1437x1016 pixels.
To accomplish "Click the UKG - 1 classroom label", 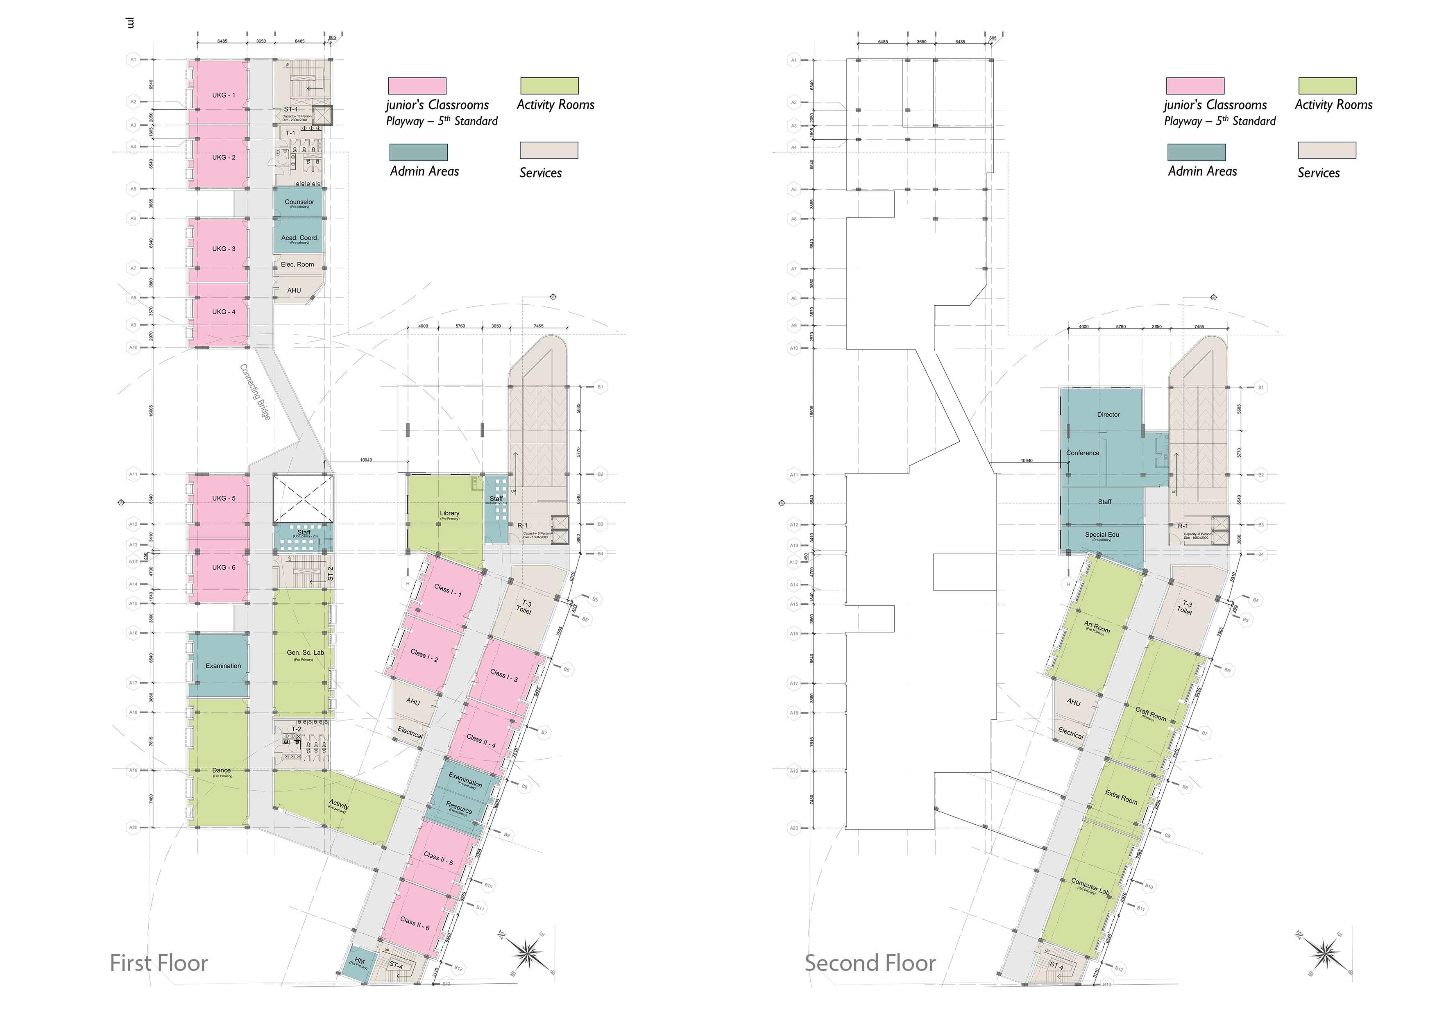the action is [x=223, y=95].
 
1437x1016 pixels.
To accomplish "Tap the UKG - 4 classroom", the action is [x=223, y=312].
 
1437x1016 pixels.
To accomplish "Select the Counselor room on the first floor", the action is [x=299, y=202].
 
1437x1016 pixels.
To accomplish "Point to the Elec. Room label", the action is [x=297, y=264].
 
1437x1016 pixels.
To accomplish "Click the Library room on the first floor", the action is [x=449, y=513].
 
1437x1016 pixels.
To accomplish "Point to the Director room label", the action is [x=1108, y=415].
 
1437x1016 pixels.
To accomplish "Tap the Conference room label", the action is [x=1082, y=453].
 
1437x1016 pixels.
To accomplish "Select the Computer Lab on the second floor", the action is [x=1090, y=885].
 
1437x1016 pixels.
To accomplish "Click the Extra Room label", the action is [x=1121, y=797].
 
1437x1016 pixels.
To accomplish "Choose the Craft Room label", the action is [x=1150, y=714].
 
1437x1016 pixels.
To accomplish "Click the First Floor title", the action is [x=159, y=963].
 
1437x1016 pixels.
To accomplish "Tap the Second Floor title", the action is [x=870, y=963].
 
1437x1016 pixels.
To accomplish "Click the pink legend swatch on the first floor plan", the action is [x=417, y=86].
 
